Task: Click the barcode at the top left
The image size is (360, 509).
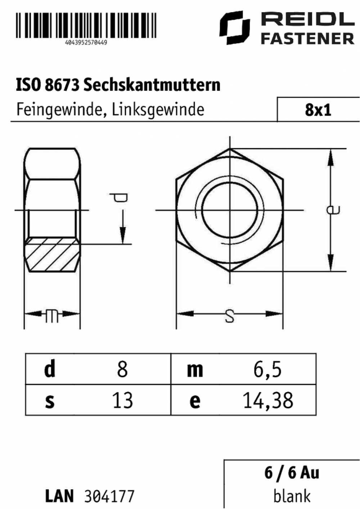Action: click(86, 25)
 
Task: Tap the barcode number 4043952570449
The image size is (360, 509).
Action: click(86, 42)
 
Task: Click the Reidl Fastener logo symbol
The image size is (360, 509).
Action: click(234, 27)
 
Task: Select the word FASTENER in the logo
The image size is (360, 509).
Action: click(308, 39)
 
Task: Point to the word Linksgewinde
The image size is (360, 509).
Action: click(158, 110)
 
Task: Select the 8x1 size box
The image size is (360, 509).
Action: click(318, 109)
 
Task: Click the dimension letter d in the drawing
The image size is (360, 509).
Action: click(119, 198)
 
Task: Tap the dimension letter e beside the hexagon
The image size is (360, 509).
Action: click(333, 210)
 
